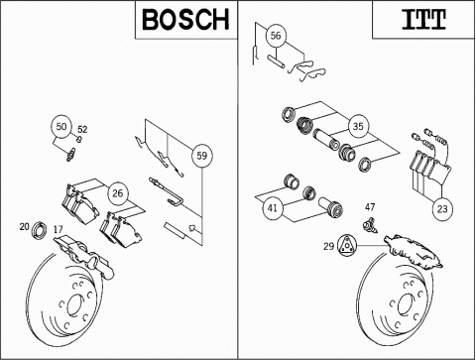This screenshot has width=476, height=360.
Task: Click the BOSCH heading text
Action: click(x=185, y=20)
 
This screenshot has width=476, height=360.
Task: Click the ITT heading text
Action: click(x=423, y=20)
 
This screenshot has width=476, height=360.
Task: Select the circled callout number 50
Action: click(x=61, y=127)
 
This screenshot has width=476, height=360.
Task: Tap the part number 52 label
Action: click(x=82, y=129)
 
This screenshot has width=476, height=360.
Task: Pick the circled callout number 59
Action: click(x=202, y=156)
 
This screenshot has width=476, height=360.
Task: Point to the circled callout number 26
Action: click(x=118, y=193)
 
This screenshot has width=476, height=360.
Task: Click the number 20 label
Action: click(x=24, y=226)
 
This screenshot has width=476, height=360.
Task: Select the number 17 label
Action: click(x=58, y=229)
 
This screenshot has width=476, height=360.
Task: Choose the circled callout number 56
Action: click(x=276, y=36)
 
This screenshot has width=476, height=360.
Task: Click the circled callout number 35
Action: click(x=358, y=126)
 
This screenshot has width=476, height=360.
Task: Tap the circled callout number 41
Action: click(x=273, y=208)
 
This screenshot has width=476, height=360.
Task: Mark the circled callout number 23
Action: click(x=442, y=209)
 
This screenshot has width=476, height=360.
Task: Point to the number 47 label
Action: click(x=370, y=207)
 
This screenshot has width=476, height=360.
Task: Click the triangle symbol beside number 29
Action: click(x=347, y=245)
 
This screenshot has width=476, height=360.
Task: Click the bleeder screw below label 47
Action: click(x=370, y=225)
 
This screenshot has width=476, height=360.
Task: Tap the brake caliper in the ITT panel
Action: click(x=414, y=251)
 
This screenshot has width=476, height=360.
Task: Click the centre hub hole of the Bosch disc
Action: click(x=75, y=305)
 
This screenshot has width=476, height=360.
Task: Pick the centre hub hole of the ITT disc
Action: click(x=406, y=304)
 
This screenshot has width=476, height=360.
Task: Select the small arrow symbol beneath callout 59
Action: click(x=192, y=228)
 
